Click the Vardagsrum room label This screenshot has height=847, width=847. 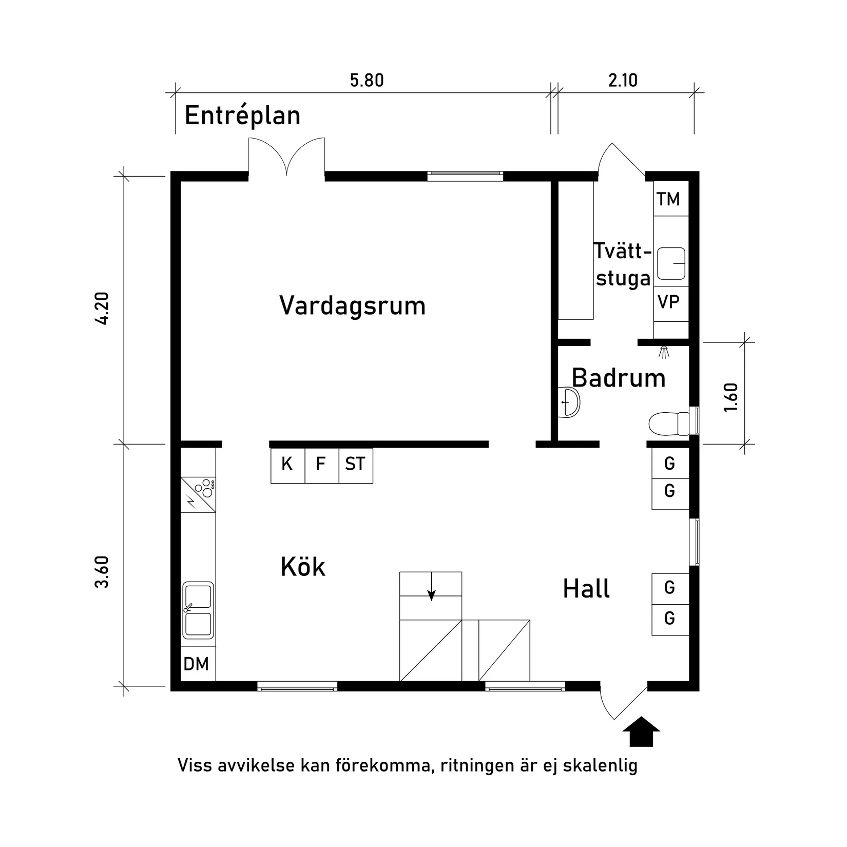(x=352, y=305)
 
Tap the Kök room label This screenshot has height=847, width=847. (x=303, y=567)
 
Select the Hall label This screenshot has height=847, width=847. (x=586, y=589)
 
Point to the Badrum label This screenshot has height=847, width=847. (x=619, y=378)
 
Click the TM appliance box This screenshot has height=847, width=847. (x=668, y=199)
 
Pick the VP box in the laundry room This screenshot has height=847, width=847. (x=669, y=302)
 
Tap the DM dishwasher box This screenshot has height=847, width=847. (x=196, y=664)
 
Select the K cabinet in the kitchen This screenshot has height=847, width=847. (x=287, y=465)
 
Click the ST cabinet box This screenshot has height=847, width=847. (x=355, y=465)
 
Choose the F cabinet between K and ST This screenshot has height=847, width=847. (x=321, y=465)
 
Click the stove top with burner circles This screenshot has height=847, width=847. (x=198, y=494)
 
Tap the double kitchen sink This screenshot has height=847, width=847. (x=198, y=610)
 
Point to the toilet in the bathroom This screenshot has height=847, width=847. (x=667, y=423)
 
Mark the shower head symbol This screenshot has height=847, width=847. (x=664, y=352)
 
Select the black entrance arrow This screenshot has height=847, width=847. (x=641, y=731)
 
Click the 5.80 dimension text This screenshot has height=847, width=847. (x=367, y=81)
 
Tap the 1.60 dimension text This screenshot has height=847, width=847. (x=731, y=397)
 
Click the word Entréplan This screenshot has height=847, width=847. (x=242, y=115)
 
